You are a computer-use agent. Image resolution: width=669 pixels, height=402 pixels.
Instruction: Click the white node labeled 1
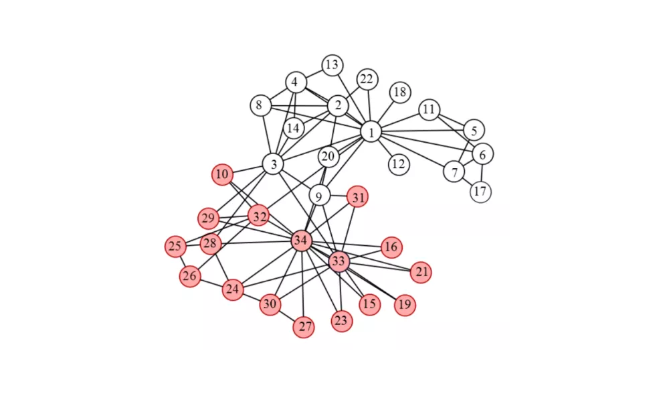point(371,132)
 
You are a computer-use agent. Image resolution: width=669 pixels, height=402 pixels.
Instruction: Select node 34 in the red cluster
point(301,241)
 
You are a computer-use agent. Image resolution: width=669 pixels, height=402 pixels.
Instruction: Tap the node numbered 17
point(480,192)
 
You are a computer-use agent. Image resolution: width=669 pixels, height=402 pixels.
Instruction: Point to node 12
point(399,164)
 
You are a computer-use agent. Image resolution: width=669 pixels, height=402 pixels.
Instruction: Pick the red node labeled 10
point(222,174)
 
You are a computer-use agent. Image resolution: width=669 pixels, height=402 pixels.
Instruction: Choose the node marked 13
point(332,66)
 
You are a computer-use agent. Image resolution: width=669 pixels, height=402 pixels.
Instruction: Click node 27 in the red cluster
point(304,327)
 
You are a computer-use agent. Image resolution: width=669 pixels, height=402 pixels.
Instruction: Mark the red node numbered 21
point(421,272)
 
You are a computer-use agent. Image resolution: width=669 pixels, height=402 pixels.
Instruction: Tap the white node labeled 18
point(400,92)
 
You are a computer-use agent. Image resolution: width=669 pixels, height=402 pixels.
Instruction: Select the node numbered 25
point(175,246)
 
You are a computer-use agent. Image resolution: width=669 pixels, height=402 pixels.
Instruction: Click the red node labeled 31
point(357,197)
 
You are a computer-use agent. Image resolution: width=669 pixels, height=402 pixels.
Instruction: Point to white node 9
point(319,196)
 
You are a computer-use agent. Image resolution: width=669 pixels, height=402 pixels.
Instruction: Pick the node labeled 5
point(474,130)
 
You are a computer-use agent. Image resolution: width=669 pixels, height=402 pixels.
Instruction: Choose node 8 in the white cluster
point(260,105)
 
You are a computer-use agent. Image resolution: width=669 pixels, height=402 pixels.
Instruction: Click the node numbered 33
point(339,261)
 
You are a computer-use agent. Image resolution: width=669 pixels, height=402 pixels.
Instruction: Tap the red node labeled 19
point(405,305)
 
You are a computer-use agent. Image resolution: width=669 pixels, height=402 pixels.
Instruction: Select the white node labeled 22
point(367,80)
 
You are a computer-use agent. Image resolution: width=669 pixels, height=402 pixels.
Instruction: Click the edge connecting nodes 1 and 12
point(385,149)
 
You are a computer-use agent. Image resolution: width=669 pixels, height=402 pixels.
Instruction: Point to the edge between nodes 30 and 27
point(287,316)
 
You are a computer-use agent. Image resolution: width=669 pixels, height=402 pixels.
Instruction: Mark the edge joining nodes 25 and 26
point(183,261)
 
